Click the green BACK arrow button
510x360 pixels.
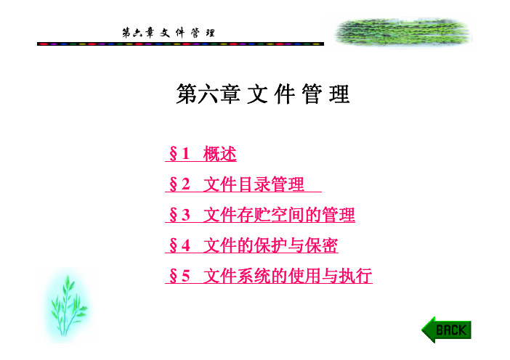coord(446,330)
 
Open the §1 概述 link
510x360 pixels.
coord(201,154)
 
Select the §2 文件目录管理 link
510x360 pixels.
coord(243,184)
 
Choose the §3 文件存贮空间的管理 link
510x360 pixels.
coord(260,215)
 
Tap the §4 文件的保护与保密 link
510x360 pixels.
coord(252,245)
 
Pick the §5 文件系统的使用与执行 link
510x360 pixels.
coord(269,276)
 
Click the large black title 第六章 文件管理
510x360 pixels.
coord(263,94)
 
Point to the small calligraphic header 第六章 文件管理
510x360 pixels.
coord(169,33)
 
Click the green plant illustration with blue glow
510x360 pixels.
coord(68,306)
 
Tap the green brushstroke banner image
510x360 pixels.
coord(402,33)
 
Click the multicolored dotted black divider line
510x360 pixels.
coord(180,44)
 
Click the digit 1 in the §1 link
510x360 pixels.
coord(186,154)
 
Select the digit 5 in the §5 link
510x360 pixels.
coord(186,277)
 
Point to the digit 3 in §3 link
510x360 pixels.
coord(186,215)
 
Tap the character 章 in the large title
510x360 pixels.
coord(230,94)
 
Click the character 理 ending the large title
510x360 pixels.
coord(339,94)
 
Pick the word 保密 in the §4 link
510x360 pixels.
coord(321,245)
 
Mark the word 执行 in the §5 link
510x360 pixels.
coord(355,276)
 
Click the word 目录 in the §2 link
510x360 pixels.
coord(254,184)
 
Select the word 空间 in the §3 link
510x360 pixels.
coord(288,215)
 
